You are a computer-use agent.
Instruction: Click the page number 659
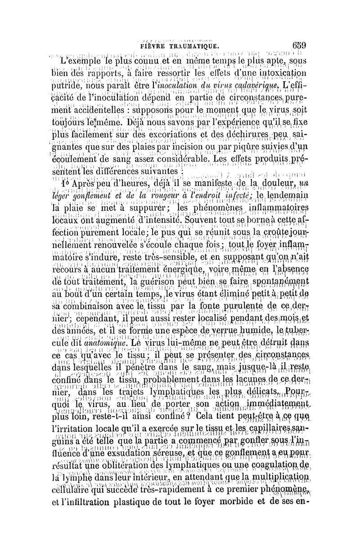pyautogui.click(x=299, y=45)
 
